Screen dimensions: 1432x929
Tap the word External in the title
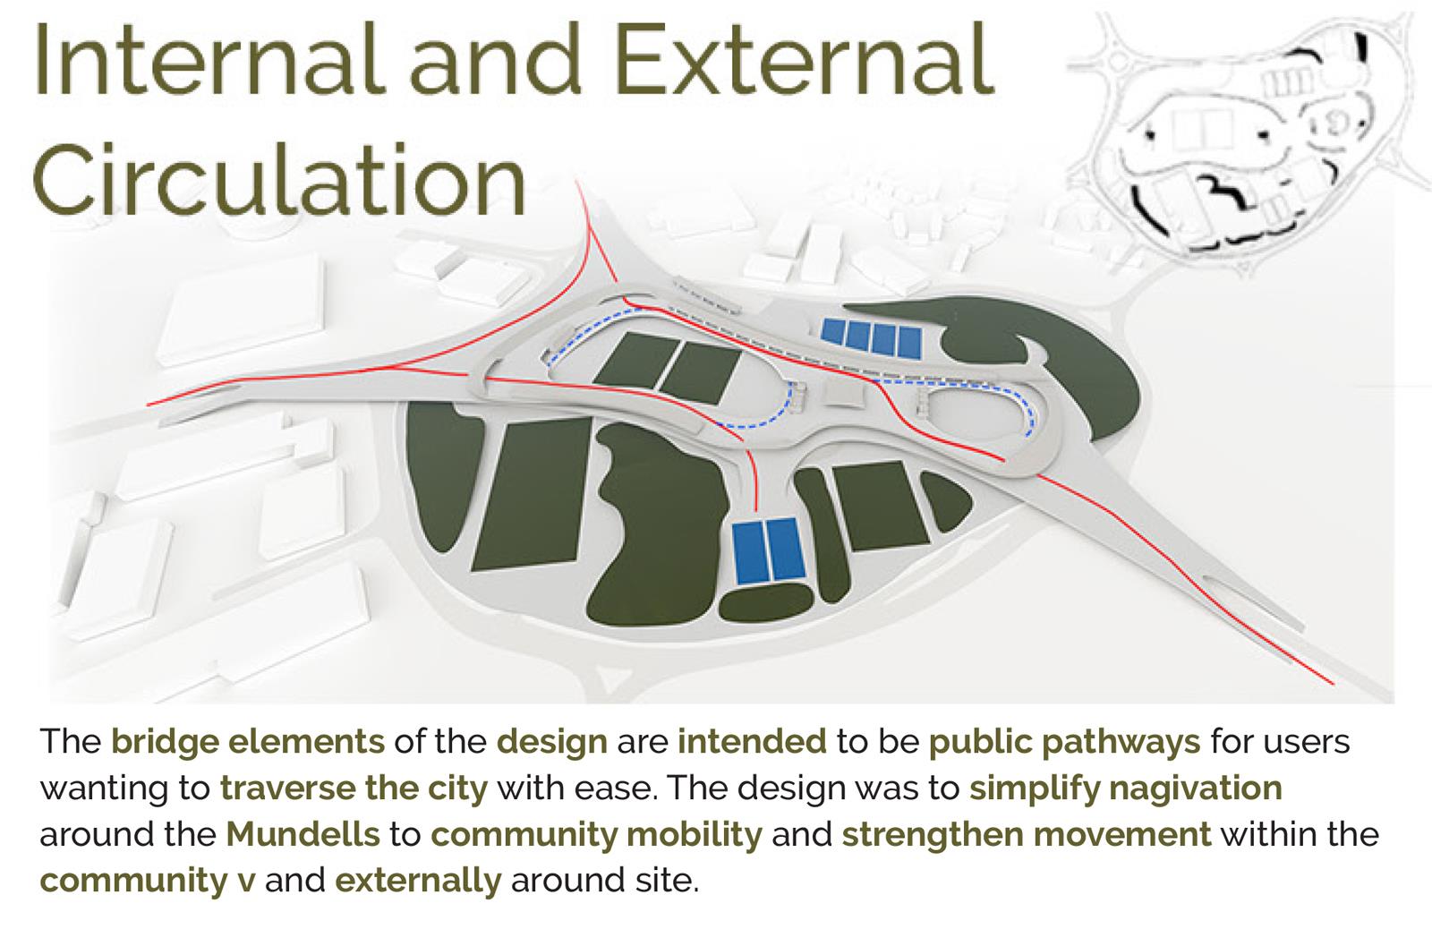tap(805, 59)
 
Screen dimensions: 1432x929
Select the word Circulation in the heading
tap(279, 179)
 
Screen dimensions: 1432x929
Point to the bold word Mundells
tap(303, 833)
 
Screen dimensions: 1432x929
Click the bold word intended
tap(753, 741)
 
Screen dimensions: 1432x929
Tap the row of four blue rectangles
tap(872, 337)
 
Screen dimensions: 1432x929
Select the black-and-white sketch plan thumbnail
tap(1247, 138)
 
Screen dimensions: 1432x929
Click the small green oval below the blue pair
tap(766, 603)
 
